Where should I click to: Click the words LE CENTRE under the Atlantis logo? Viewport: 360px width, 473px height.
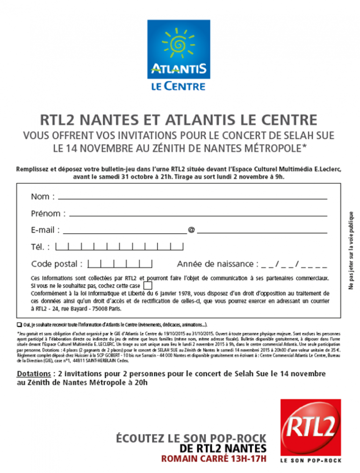point(178,86)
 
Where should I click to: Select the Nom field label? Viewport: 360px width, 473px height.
point(43,197)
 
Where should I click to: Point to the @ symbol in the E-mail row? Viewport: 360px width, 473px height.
point(191,230)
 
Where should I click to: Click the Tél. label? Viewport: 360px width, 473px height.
point(40,247)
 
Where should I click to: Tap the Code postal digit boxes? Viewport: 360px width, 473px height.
point(120,264)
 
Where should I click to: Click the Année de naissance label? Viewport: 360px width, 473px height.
point(217,264)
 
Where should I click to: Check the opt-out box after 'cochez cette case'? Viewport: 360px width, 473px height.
point(148,285)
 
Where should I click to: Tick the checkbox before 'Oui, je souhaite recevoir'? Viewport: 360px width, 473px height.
point(19,324)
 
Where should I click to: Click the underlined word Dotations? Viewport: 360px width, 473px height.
point(33,374)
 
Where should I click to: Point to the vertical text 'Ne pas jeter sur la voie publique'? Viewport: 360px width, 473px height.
point(351,250)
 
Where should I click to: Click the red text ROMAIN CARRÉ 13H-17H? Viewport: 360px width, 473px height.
point(214,459)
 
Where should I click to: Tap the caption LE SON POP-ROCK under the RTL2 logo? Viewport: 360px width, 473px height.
point(310,461)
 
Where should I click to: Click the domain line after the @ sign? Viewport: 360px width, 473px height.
point(262,232)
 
